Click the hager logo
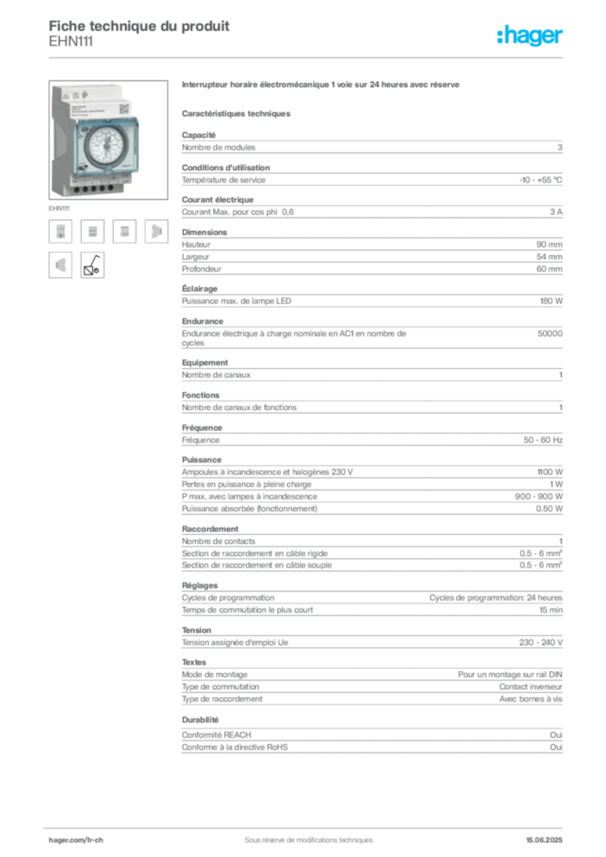530,36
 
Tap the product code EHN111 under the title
71,42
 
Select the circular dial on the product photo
106,146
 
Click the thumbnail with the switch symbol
92,265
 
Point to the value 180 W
551,301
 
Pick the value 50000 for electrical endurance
550,333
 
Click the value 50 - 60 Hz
542,440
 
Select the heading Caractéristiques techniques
236,114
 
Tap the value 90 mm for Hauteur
549,245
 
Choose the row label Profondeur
202,269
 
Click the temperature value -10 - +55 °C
541,180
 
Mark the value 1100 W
550,472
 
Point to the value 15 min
551,610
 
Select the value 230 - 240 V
541,643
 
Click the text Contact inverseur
531,687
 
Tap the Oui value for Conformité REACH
557,735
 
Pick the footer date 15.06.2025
544,840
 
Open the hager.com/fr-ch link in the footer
76,840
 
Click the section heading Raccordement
210,529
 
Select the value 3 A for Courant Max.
557,212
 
